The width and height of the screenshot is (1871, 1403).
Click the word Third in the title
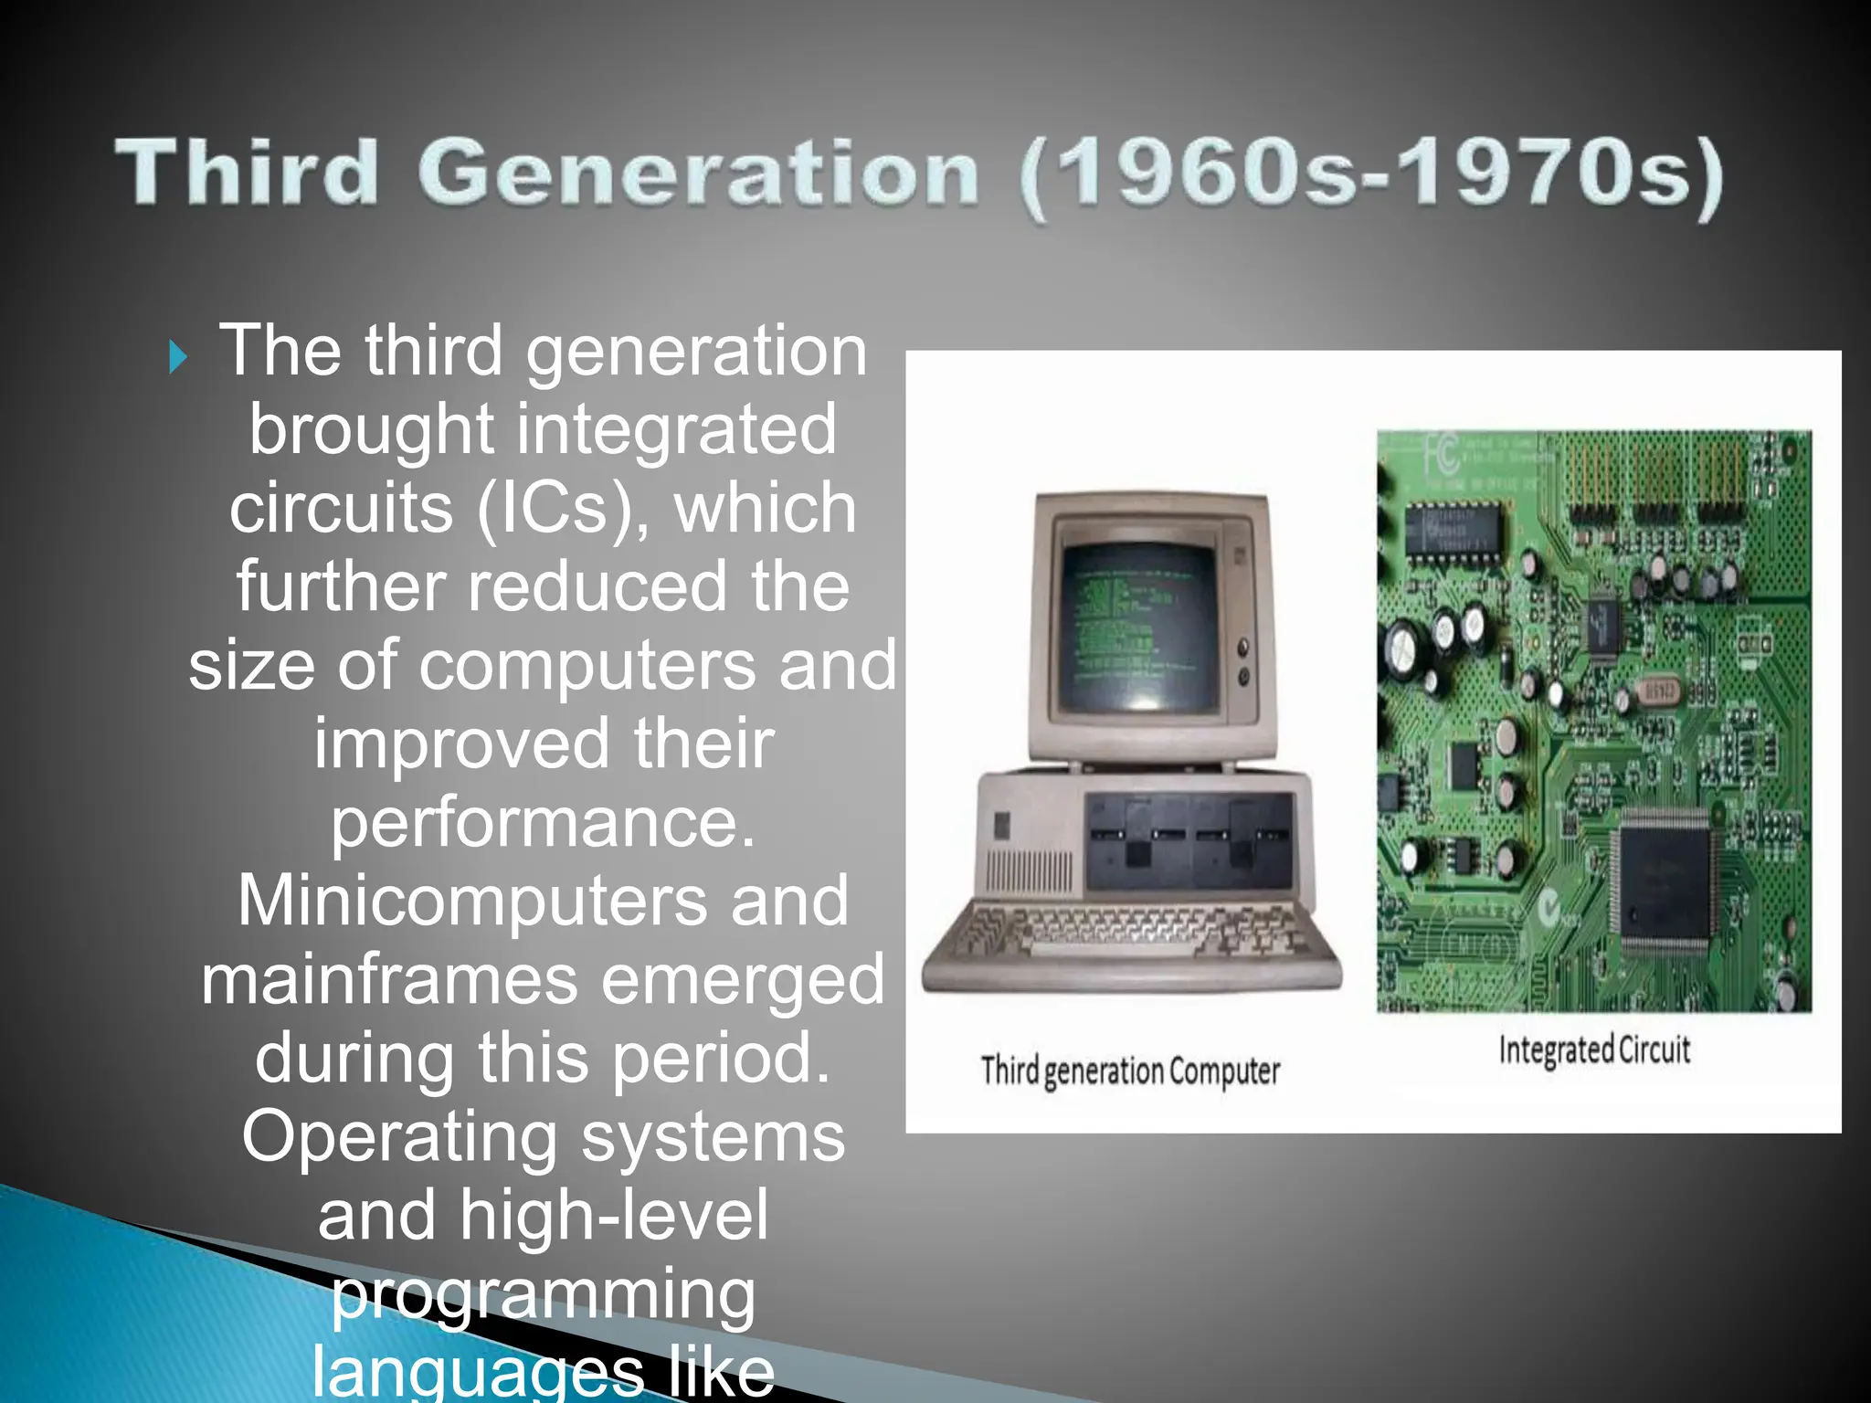[x=247, y=172]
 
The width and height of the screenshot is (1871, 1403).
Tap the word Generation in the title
[x=699, y=174]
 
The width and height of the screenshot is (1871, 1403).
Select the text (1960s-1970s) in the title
[x=1370, y=175]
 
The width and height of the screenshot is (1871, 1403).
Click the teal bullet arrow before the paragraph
[x=178, y=357]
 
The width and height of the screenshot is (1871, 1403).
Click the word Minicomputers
[x=472, y=901]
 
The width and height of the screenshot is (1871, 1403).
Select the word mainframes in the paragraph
[x=389, y=979]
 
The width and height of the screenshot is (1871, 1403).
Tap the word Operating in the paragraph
[x=399, y=1137]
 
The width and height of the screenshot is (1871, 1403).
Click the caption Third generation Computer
[x=1130, y=1071]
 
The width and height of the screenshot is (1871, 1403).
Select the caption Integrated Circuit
[x=1594, y=1050]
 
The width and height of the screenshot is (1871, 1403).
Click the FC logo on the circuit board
[x=1441, y=454]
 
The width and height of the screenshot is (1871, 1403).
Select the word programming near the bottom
[x=543, y=1295]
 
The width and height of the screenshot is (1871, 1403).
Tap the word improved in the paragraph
[x=461, y=744]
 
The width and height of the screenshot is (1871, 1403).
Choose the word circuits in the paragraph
[x=341, y=508]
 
